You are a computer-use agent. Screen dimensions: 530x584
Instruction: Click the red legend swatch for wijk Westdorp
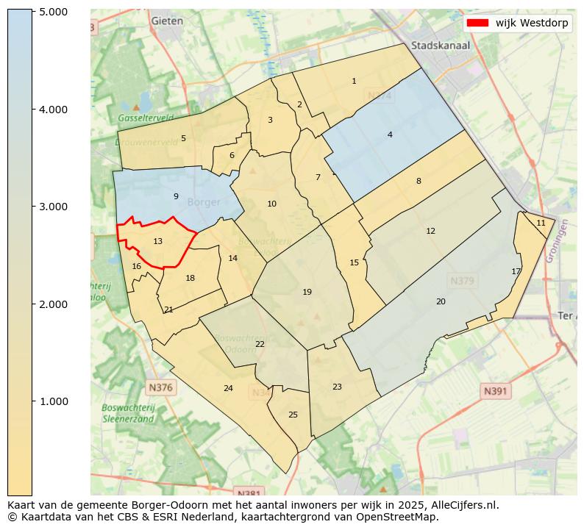click(x=477, y=23)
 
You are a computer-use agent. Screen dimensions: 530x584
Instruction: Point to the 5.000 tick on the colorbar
click(x=34, y=12)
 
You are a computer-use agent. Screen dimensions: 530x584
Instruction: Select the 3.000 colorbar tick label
click(x=53, y=207)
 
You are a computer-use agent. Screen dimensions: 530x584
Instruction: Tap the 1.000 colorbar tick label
click(x=53, y=401)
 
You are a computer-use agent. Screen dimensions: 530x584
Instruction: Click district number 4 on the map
click(x=390, y=135)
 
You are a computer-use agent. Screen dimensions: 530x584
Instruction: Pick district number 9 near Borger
click(x=176, y=196)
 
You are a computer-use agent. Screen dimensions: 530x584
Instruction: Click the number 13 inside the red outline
click(x=158, y=241)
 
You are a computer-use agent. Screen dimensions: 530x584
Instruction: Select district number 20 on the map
click(x=441, y=301)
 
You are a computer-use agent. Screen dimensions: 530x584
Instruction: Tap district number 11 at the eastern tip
click(x=541, y=223)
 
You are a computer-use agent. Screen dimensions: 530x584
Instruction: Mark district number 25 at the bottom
click(x=293, y=415)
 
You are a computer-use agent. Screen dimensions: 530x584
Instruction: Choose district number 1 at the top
click(x=354, y=81)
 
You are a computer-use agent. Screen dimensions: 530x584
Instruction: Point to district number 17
click(x=516, y=271)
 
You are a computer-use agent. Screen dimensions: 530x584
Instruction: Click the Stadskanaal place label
click(x=441, y=46)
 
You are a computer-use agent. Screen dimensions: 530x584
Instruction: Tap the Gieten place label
click(x=167, y=21)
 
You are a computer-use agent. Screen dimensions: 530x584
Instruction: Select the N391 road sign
click(x=496, y=392)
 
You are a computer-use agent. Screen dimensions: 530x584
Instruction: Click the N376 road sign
click(x=160, y=387)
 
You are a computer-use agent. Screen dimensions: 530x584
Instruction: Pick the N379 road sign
click(x=463, y=281)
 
